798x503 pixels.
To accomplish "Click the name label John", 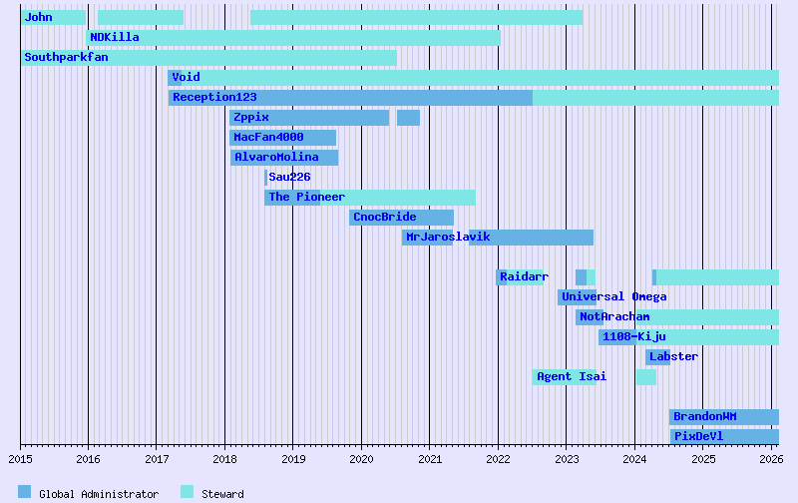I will tap(39, 17).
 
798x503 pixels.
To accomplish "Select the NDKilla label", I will tap(115, 37).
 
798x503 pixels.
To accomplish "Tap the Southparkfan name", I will tap(66, 57).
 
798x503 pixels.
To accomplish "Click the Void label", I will tap(186, 77).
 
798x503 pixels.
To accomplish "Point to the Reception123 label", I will tap(214, 97).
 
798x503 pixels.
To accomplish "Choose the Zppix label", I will tap(250, 117).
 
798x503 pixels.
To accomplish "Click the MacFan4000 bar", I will tap(282, 138).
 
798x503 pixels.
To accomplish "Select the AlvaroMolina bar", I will tap(284, 158).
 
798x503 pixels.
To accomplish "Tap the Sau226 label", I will tap(289, 177).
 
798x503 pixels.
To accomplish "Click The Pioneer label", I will tap(306, 197).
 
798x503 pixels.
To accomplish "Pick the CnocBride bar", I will tap(401, 218).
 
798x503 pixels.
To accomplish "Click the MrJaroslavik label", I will tap(448, 237).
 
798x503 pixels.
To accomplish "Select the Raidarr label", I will tap(524, 276).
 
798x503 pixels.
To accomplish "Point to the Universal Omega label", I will tap(613, 296).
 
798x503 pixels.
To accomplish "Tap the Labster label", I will tap(673, 356).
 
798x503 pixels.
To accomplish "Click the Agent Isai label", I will tap(571, 376).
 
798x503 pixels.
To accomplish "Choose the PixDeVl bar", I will tap(724, 437).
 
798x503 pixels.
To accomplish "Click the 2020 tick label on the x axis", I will tap(361, 459).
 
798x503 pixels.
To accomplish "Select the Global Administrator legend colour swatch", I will tap(25, 492).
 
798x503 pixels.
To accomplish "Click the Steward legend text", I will tap(222, 494).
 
